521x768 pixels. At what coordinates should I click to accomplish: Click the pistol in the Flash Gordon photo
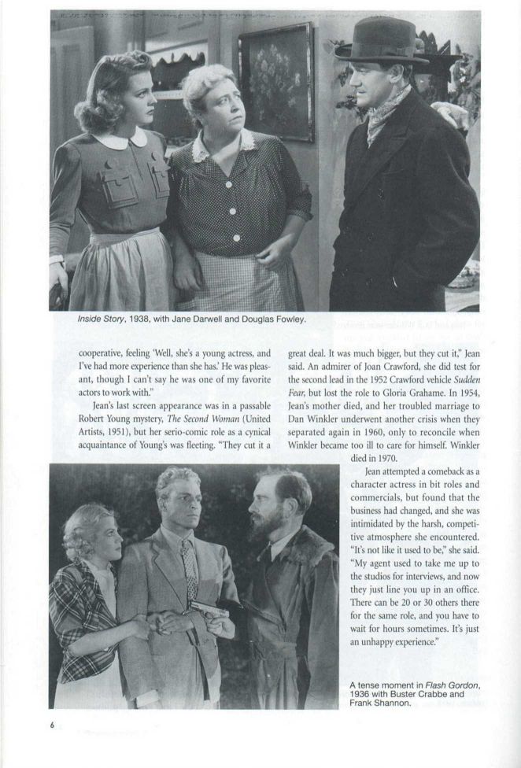point(201,611)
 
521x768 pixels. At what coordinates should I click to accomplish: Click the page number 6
point(53,726)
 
